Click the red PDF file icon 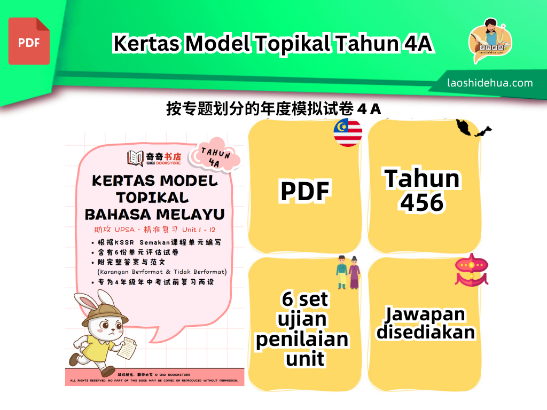click(x=29, y=41)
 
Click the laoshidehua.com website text click(x=490, y=83)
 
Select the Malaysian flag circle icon click(x=348, y=132)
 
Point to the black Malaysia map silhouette click(x=473, y=129)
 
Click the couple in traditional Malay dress click(x=348, y=272)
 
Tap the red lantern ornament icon click(x=471, y=269)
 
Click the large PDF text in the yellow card click(x=305, y=191)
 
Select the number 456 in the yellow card click(x=422, y=202)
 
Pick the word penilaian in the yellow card click(x=302, y=339)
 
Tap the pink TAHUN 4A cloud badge click(x=216, y=155)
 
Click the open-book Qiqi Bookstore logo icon click(x=135, y=158)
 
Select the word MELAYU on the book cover click(x=190, y=214)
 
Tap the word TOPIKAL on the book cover click(x=152, y=197)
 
